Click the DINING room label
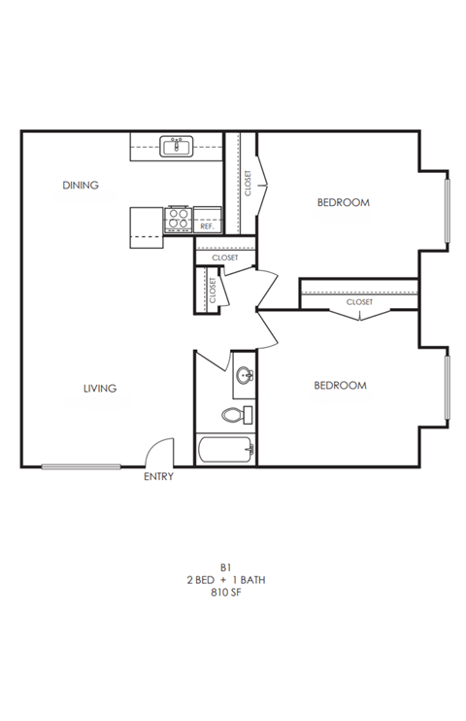tap(81, 185)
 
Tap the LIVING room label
tap(99, 388)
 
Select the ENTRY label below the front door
tap(158, 477)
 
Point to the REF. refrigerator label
tap(207, 225)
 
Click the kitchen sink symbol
tap(177, 147)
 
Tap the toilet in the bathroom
tap(234, 415)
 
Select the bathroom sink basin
tap(245, 376)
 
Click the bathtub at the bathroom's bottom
tap(225, 450)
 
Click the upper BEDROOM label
tap(344, 203)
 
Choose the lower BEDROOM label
tap(340, 386)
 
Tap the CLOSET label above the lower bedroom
tap(359, 302)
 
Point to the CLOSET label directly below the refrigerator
tap(224, 257)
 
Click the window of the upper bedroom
tap(447, 209)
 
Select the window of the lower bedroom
tap(447, 390)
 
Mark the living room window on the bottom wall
tap(81, 466)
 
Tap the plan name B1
tap(225, 566)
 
